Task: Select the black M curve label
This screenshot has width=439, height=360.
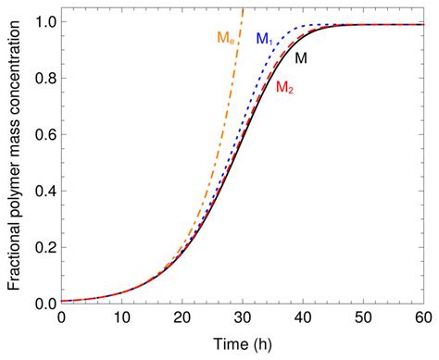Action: (301, 57)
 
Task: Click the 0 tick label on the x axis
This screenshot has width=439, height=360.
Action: (61, 317)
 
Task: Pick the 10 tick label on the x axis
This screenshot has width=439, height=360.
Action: (121, 317)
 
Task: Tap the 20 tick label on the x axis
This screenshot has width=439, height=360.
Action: (182, 317)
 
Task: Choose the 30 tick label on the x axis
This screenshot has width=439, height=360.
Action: (242, 317)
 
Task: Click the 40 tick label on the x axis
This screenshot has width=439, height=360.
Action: (302, 317)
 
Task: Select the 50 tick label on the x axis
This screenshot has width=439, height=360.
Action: (362, 317)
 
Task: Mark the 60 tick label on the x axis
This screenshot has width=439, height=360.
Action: (421, 317)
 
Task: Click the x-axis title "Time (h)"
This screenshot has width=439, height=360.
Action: (242, 344)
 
